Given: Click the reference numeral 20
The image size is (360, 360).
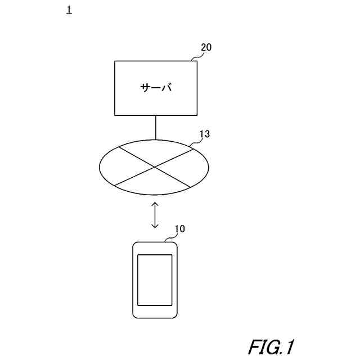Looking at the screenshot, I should coord(206,48).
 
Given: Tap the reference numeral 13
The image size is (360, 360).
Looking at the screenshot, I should coord(205,134).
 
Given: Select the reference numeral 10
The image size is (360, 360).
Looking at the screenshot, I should coord(179,229).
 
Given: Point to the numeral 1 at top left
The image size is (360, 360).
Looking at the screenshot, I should coord(69,11).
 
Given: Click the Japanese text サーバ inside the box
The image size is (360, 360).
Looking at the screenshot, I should coord(156,88).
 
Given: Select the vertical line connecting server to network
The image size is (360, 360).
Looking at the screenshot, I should coord(155,127).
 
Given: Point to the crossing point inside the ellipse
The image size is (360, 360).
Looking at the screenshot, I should coord(154,168).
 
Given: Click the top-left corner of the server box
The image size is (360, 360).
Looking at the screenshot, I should coord(115,61).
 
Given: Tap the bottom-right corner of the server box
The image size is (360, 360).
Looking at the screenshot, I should coord(197,115).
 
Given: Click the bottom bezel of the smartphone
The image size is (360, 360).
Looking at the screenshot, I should coord(155,312).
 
